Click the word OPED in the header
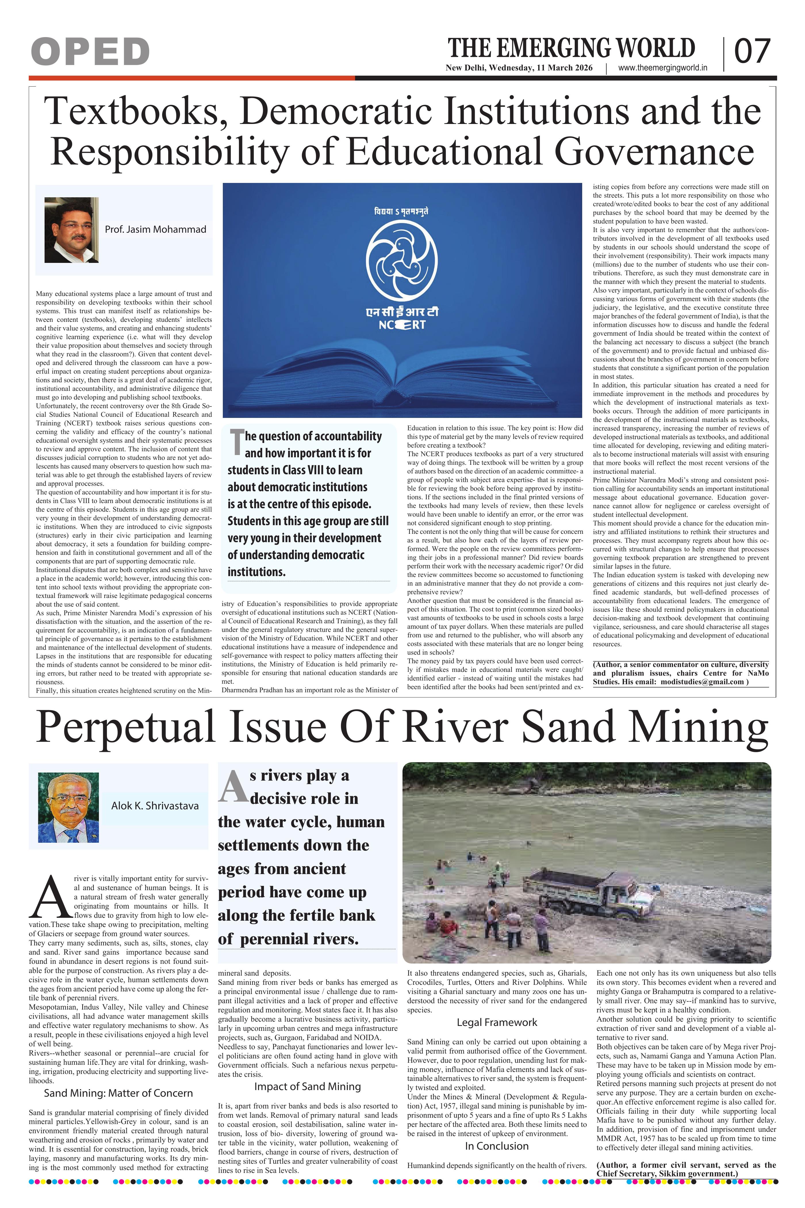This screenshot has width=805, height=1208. [90, 52]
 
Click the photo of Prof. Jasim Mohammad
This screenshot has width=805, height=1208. [71, 230]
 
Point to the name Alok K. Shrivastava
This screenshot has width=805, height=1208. [155, 805]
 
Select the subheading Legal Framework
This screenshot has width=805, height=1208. [497, 1022]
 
